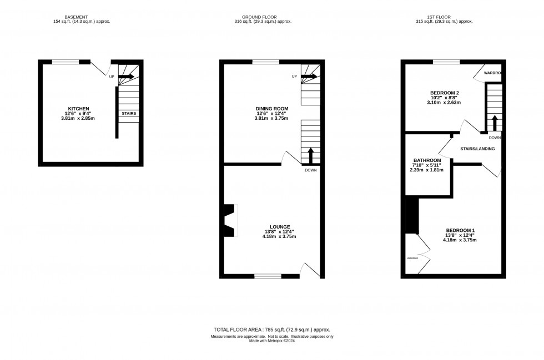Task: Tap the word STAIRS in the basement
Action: [129, 113]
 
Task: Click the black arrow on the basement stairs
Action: [127, 76]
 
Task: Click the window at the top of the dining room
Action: [266, 62]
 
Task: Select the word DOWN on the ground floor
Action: [311, 170]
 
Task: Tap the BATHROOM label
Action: [427, 160]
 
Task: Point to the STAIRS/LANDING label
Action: [477, 149]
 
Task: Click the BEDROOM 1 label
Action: [461, 230]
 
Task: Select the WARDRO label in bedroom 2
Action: [492, 73]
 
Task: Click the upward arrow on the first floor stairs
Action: [494, 122]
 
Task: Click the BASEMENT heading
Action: [73, 17]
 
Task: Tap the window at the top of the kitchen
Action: [66, 62]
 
